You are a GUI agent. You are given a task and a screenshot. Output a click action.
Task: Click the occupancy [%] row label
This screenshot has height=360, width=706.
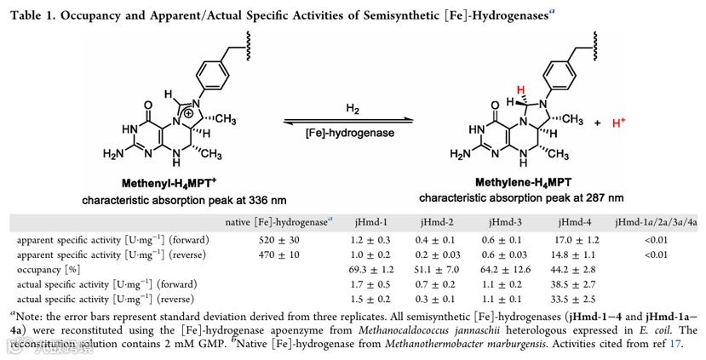(50, 268)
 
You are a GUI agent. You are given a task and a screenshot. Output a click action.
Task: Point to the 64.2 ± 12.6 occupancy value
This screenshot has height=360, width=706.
(494, 268)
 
